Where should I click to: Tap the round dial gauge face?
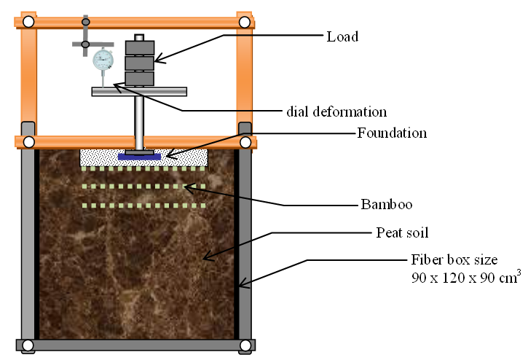tap(103, 59)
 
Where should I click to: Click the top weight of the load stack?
tap(140, 47)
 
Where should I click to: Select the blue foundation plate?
tap(139, 157)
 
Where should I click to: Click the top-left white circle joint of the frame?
tap(28, 21)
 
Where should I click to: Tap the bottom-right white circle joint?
tap(245, 345)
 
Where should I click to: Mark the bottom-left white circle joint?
tap(28, 345)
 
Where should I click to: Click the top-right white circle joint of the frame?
tap(245, 21)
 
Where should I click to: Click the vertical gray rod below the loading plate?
tap(139, 120)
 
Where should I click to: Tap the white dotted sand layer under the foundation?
tap(182, 155)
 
